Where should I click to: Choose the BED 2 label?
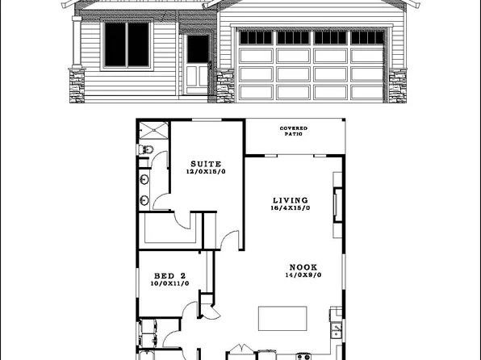[x=169, y=275]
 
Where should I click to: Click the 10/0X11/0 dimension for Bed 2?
[x=169, y=283]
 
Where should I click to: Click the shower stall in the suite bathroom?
[x=151, y=130]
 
